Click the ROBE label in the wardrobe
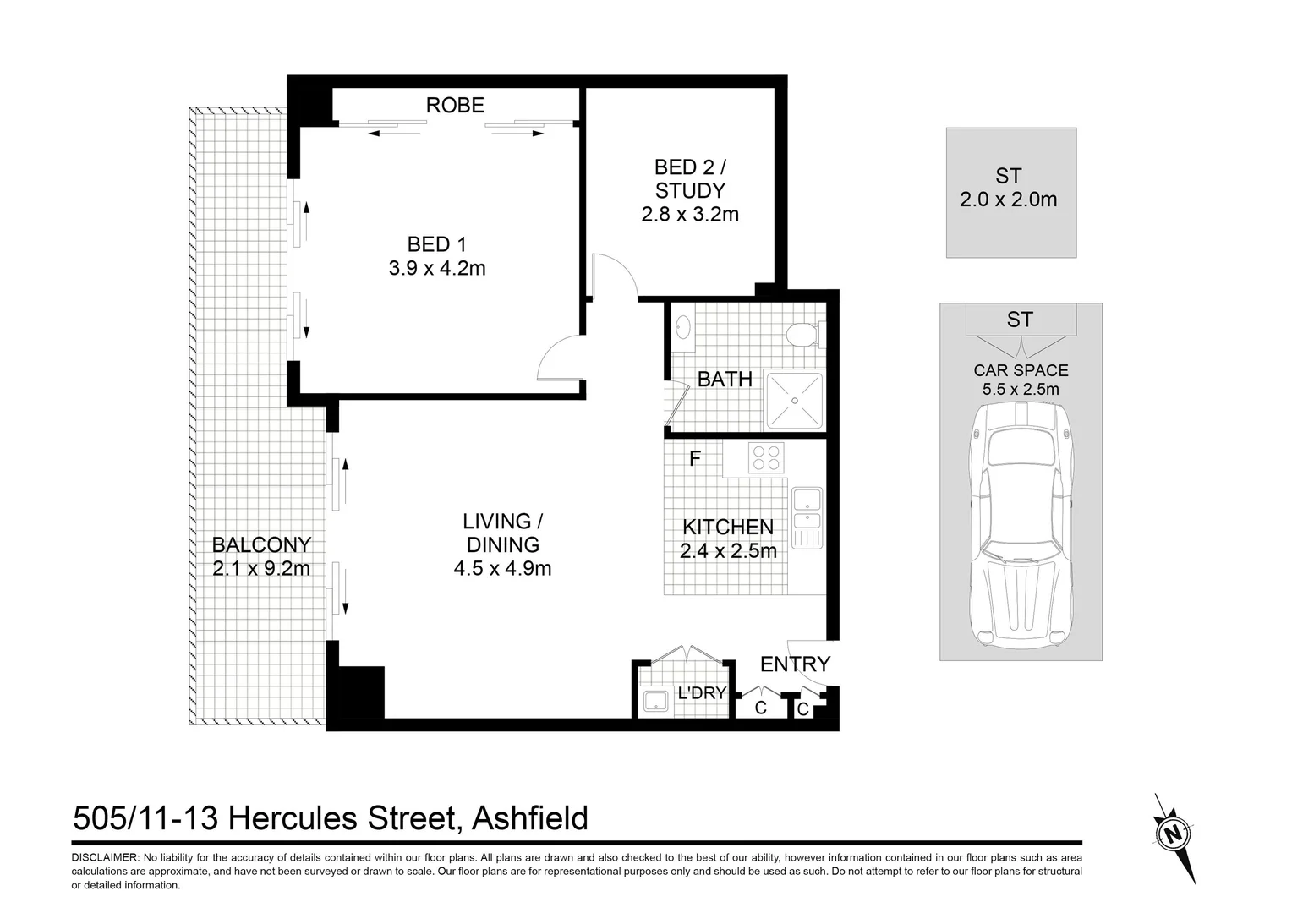[455, 105]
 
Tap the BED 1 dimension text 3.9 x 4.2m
[437, 269]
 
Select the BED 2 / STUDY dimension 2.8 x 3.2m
[690, 215]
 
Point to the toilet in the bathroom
[800, 336]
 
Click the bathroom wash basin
[683, 327]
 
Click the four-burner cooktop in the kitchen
[766, 457]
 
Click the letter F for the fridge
[695, 459]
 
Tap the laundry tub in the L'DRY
[656, 701]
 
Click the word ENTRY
[795, 664]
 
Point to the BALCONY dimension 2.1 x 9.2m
[261, 569]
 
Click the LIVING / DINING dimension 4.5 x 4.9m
[502, 569]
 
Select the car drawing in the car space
[1021, 524]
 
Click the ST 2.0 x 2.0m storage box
[1010, 192]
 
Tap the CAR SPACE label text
[1021, 370]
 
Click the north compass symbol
[1173, 836]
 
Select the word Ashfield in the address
[530, 818]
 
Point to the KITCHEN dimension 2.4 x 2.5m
[728, 551]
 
